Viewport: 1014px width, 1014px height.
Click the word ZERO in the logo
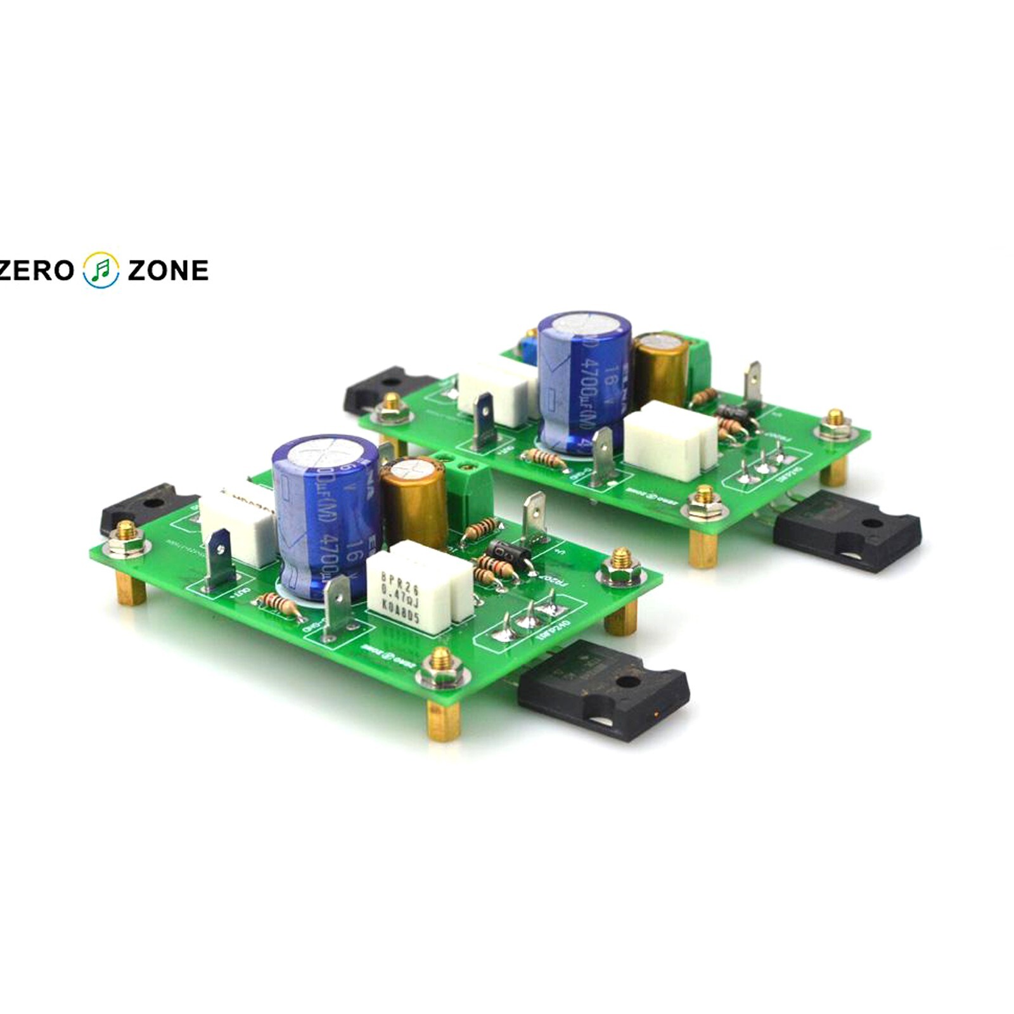point(37,271)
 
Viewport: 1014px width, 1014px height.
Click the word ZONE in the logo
point(168,271)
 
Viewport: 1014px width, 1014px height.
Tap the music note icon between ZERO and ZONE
point(101,270)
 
